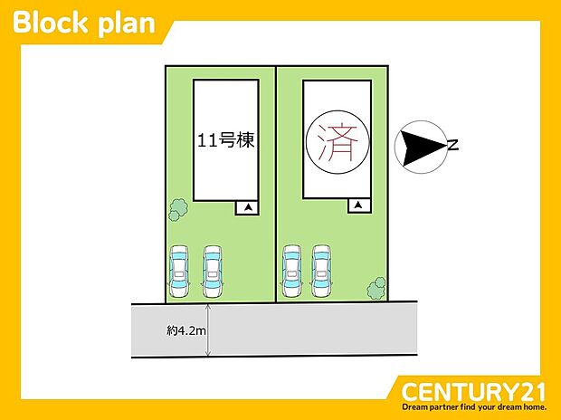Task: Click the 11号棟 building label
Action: click(225, 140)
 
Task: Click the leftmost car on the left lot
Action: click(179, 271)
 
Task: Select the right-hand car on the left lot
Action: click(213, 271)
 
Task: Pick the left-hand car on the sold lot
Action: click(292, 271)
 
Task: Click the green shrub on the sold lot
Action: click(376, 289)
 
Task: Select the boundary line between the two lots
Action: click(276, 181)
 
